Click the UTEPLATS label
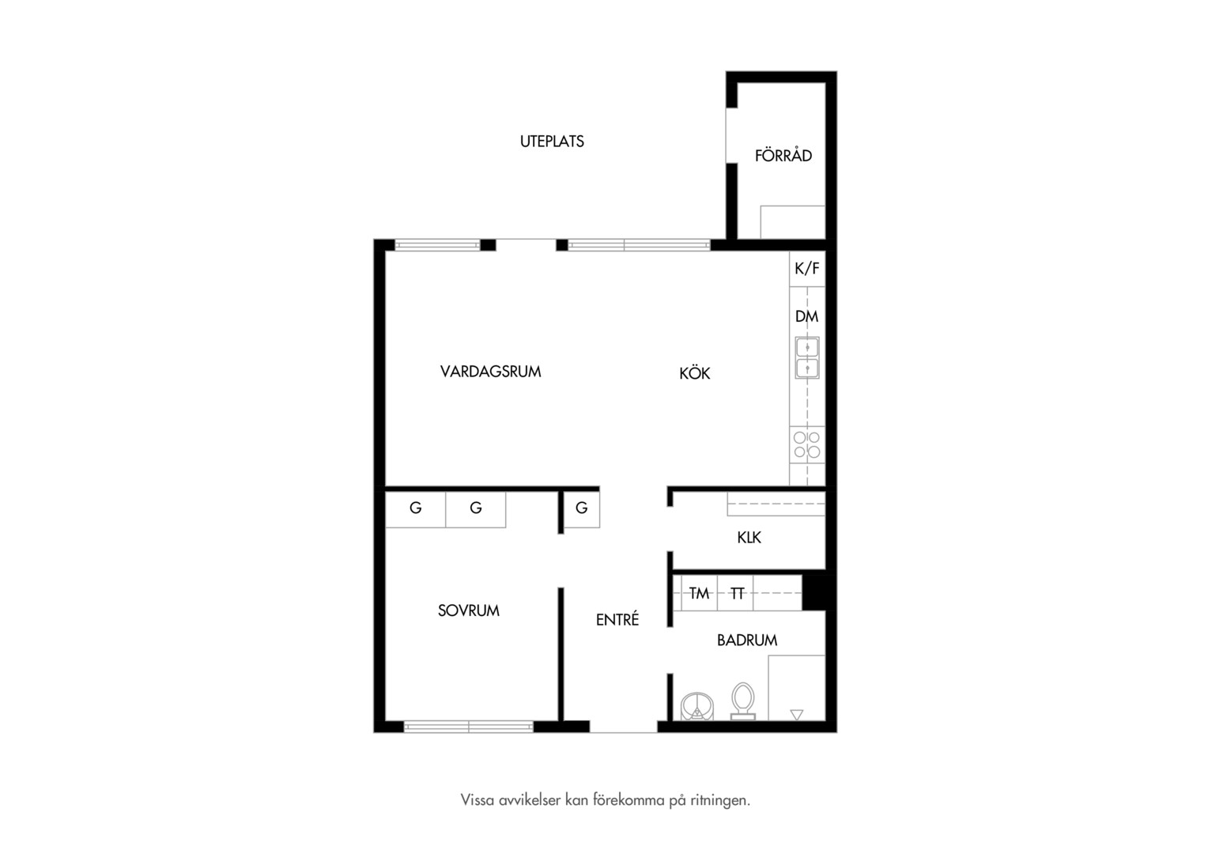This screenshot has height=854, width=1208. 552,142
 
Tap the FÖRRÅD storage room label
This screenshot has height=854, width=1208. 783,156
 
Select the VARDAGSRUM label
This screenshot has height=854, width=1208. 490,372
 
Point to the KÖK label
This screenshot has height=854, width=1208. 695,372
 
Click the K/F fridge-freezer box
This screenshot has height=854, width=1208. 807,269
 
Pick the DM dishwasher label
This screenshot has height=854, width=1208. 806,316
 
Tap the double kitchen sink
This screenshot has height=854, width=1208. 807,357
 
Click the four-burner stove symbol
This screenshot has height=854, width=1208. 807,444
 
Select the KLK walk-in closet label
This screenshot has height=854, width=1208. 749,538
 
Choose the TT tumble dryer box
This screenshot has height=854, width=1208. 735,593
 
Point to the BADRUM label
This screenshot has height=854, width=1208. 747,640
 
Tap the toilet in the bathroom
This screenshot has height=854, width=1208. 743,701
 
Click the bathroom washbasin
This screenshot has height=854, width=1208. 697,707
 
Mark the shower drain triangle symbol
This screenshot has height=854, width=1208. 797,715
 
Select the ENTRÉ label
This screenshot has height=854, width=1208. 617,620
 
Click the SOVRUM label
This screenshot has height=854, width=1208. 469,610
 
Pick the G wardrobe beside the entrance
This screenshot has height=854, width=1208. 582,509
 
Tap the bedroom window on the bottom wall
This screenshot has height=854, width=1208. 469,727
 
